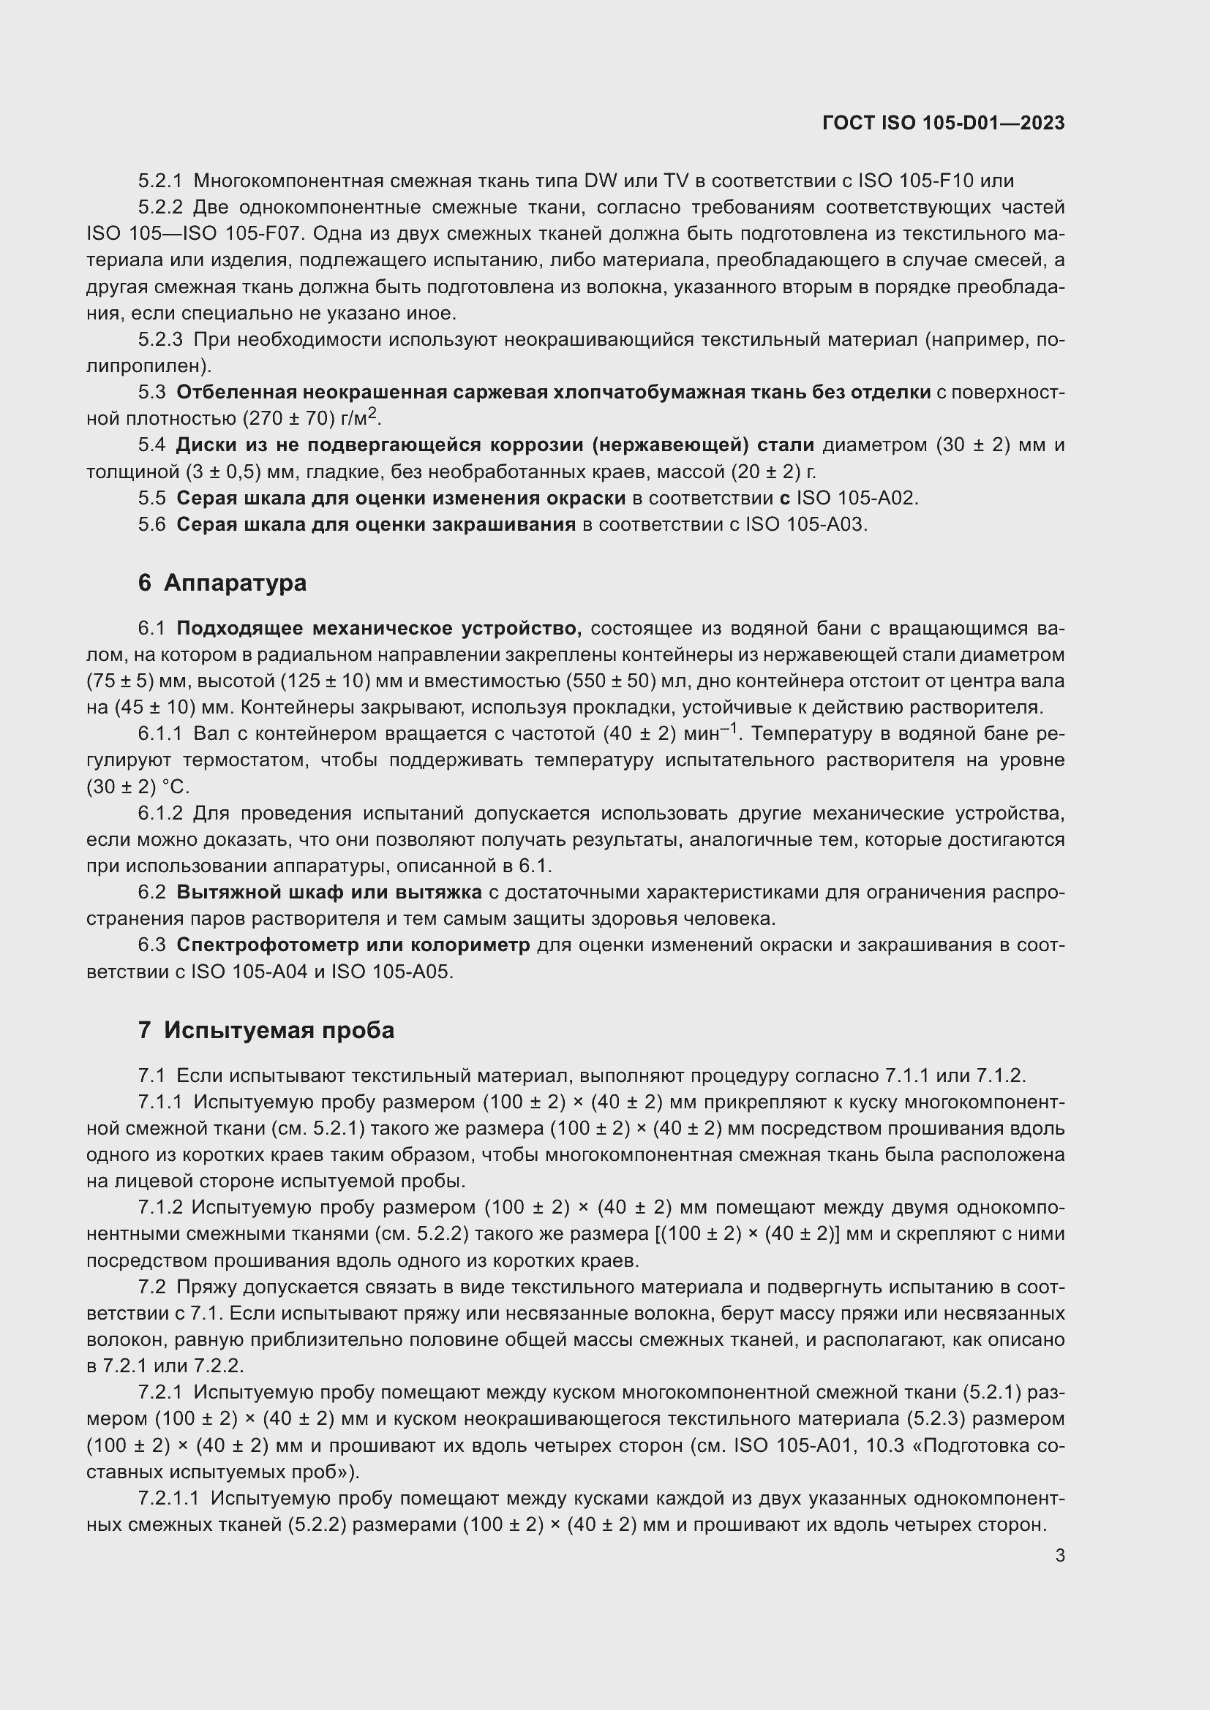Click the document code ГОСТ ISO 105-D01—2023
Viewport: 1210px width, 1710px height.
coord(943,124)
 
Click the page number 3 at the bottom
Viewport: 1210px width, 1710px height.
coord(1059,1555)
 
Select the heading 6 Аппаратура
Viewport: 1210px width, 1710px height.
coord(222,583)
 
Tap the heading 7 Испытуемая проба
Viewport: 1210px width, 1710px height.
coord(266,1031)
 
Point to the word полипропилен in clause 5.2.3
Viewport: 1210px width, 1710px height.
coord(148,366)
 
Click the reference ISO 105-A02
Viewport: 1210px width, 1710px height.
coord(856,499)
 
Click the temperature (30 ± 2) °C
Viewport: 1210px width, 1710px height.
coord(138,787)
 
